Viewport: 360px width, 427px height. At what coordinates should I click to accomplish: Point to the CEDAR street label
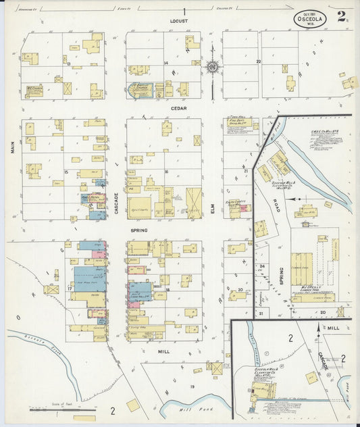tap(179, 107)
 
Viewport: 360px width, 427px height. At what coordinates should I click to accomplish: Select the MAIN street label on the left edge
tap(13, 147)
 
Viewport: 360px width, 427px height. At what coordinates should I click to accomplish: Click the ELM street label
tap(211, 211)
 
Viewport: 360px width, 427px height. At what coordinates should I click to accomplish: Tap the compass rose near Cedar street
tap(212, 66)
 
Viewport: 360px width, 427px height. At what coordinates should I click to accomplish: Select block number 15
tap(66, 172)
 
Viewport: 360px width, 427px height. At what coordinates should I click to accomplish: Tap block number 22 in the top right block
tap(258, 61)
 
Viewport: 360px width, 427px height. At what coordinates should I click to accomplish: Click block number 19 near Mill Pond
tap(192, 386)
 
